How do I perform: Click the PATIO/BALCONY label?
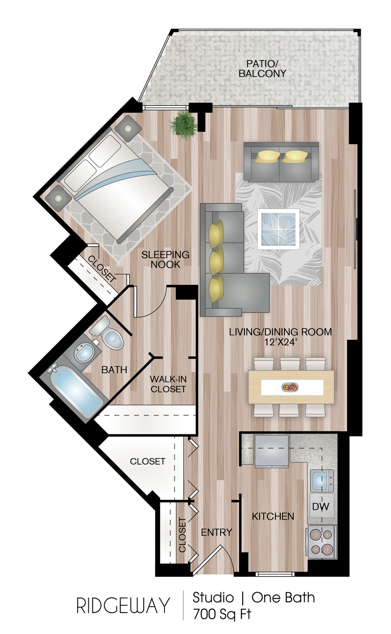click(262, 69)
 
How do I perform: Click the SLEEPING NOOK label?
click(165, 259)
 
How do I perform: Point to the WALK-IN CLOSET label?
click(168, 384)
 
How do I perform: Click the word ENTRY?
click(216, 532)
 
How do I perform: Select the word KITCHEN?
click(273, 516)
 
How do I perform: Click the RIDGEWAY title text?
click(123, 606)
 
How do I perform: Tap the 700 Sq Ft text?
click(222, 614)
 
